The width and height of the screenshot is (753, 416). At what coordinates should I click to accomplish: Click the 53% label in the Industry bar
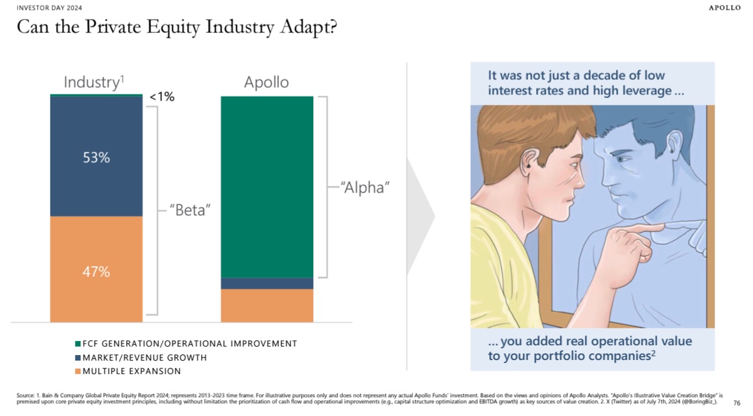(96, 158)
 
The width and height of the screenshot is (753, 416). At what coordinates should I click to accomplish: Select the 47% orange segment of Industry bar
(96, 272)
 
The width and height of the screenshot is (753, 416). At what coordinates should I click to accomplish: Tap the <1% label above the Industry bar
(161, 96)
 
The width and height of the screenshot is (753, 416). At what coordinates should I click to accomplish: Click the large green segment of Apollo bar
(267, 186)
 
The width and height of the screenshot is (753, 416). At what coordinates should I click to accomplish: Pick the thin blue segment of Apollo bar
(267, 283)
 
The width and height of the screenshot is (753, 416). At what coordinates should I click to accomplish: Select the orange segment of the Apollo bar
(267, 305)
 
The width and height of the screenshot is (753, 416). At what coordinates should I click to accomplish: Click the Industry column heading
(94, 82)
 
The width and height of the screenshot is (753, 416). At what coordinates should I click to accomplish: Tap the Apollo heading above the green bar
(266, 82)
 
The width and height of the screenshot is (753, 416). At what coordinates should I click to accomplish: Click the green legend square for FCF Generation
(77, 344)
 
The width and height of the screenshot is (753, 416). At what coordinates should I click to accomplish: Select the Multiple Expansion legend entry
(132, 371)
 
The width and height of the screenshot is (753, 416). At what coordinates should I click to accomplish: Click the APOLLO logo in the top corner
(725, 8)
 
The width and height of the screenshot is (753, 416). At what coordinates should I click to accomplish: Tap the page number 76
(737, 403)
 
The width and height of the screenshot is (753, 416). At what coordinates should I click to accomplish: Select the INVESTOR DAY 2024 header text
(49, 8)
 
